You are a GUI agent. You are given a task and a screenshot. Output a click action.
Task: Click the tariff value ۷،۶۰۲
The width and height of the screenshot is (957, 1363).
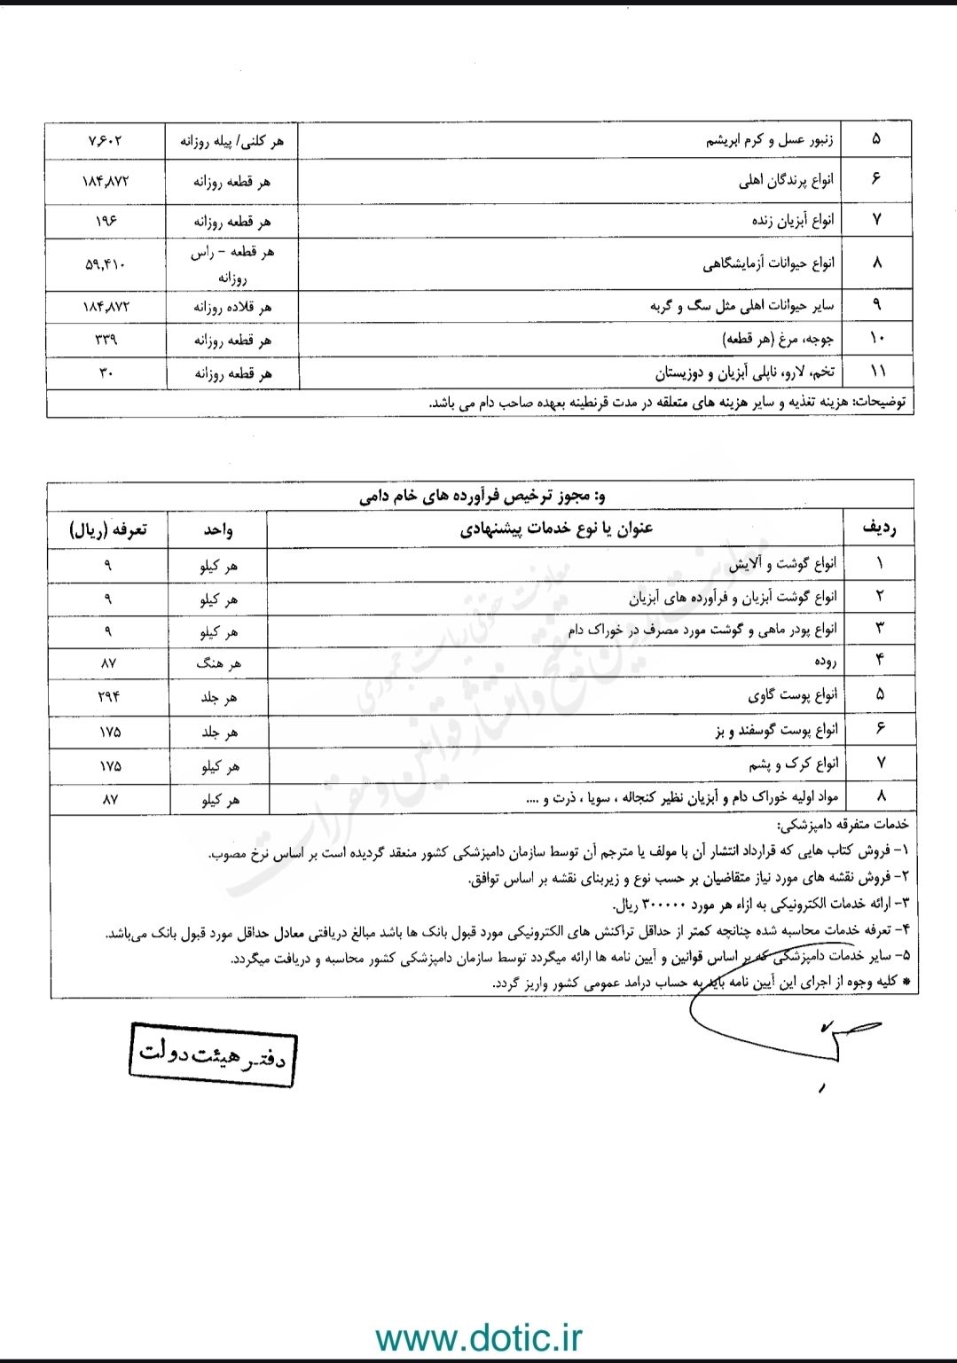106,140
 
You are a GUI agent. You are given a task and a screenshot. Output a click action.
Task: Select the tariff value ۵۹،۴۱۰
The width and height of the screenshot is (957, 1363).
106,264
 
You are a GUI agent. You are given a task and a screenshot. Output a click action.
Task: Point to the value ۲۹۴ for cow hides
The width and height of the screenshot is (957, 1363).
107,696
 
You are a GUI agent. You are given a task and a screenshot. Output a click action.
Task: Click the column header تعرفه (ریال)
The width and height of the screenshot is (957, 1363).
107,529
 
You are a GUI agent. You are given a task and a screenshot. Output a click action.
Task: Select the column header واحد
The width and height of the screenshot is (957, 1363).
218,529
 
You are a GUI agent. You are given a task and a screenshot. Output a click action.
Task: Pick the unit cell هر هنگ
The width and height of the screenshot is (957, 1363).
218,663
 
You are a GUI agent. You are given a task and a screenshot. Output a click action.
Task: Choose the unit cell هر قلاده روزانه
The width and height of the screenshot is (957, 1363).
232,307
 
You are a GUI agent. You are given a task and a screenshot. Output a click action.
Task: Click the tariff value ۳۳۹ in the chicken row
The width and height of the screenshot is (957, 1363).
106,340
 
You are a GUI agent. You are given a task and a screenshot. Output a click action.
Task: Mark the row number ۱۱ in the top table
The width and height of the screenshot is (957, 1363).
877,372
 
